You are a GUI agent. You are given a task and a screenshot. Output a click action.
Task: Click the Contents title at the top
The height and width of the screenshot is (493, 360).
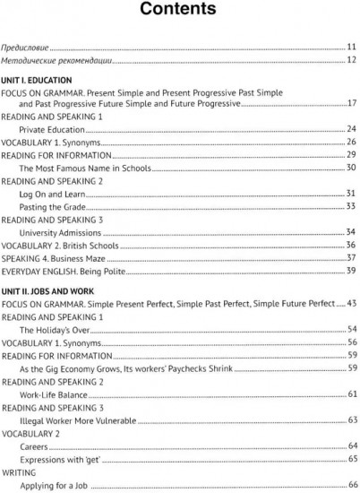tap(179, 12)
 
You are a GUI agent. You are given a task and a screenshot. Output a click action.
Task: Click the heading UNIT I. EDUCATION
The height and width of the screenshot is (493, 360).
tap(45, 80)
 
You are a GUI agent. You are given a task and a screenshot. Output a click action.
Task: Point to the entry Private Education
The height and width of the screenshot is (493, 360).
tap(57, 129)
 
